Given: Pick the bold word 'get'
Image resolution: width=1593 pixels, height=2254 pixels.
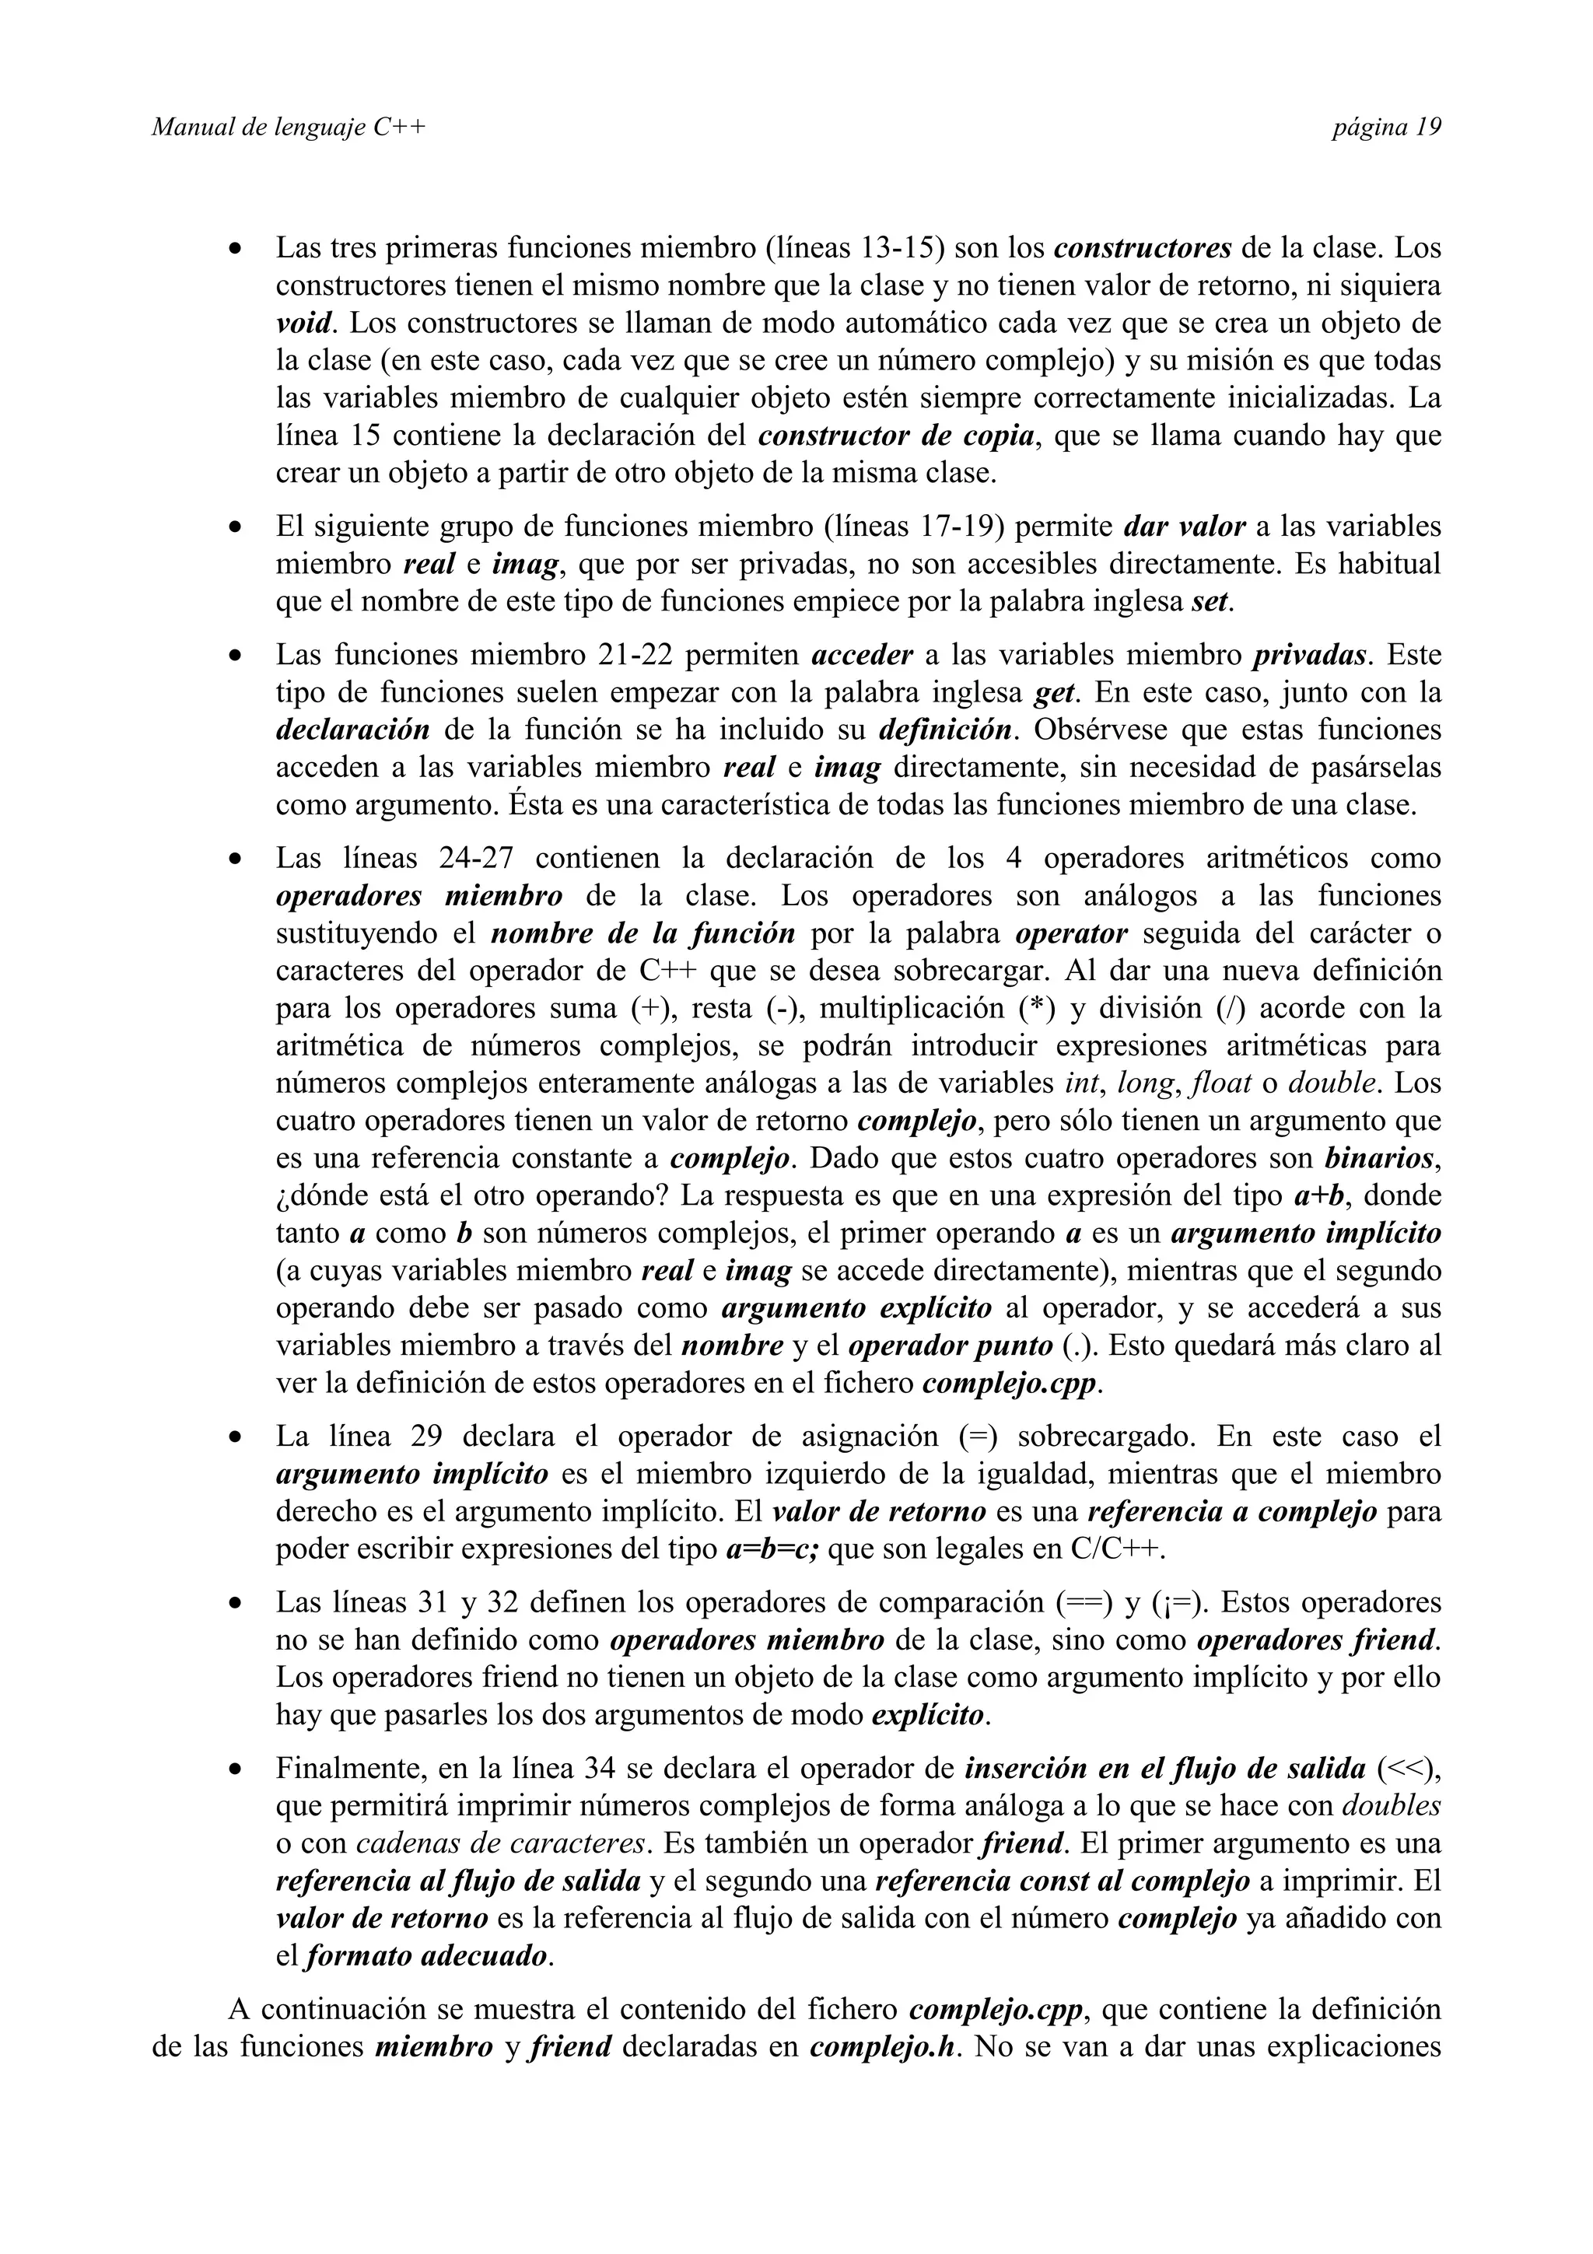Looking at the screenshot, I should (1057, 693).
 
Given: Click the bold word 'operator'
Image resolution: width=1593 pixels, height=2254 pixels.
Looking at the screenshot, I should (1072, 933).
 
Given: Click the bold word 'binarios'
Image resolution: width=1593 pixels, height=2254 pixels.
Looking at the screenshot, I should (1380, 1158).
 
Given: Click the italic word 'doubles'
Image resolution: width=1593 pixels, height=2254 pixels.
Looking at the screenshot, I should (1391, 1805).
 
